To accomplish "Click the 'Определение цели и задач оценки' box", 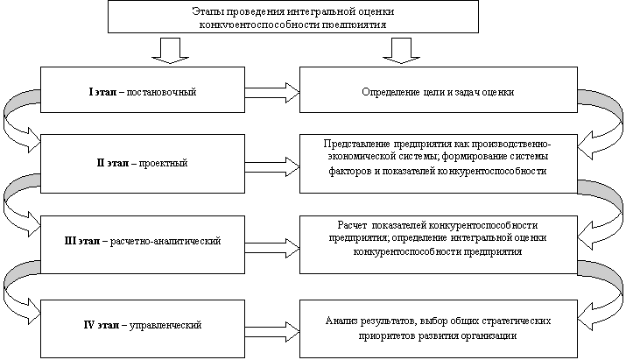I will [438, 91].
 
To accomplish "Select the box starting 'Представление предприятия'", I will [438, 158].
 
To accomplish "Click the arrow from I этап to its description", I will [271, 90].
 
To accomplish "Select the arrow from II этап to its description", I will [271, 163].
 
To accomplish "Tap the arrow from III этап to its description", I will [271, 240].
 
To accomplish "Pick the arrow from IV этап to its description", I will [271, 325].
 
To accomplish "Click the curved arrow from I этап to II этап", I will [15, 114].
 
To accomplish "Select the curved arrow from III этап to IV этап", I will [15, 280].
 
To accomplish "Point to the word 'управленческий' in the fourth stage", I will [165, 326].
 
